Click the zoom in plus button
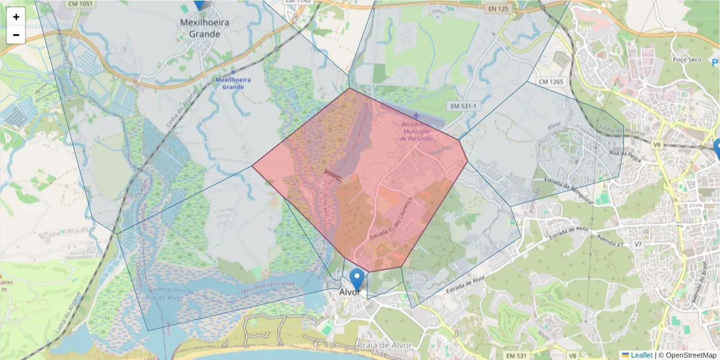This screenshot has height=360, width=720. (x=16, y=17)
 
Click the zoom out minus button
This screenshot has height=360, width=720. (x=16, y=35)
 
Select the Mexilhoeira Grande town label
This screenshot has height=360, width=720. (x=205, y=28)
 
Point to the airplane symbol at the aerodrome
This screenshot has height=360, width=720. (x=416, y=115)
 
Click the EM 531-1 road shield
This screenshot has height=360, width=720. (x=463, y=106)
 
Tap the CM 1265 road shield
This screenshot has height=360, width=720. (x=551, y=82)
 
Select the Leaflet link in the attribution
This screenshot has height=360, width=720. (x=641, y=355)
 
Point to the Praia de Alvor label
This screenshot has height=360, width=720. (x=383, y=346)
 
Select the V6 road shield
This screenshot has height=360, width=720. (x=656, y=145)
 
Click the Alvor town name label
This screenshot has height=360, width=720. (x=350, y=292)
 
